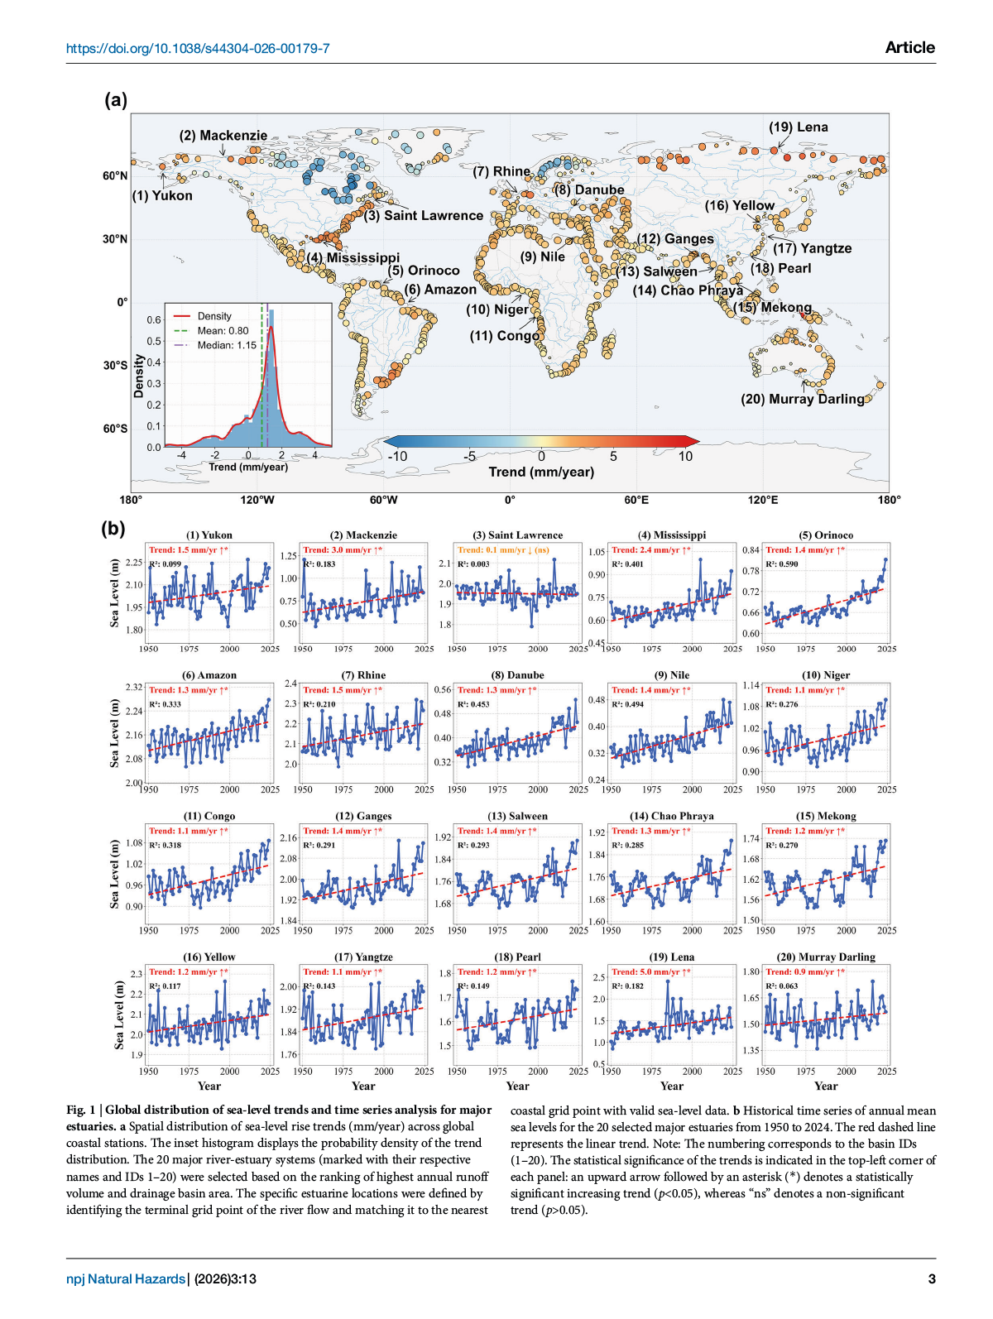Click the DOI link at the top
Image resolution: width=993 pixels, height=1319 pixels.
[x=198, y=48]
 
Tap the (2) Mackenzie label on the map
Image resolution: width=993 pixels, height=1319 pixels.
[x=223, y=136]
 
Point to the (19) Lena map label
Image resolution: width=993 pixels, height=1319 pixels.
[x=798, y=127]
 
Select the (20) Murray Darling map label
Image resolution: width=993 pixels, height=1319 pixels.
[x=802, y=399]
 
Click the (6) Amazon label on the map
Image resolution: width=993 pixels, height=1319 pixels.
[x=440, y=290]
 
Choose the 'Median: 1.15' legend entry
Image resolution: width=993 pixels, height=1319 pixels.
[x=226, y=345]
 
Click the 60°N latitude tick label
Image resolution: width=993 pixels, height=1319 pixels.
[x=115, y=175]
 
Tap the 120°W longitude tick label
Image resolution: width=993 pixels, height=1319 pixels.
[x=257, y=500]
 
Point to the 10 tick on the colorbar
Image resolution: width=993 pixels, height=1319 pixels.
[x=685, y=457]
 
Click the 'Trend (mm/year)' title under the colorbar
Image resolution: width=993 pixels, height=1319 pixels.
[x=541, y=472]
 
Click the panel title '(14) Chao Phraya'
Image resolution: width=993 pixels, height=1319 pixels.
[x=671, y=816]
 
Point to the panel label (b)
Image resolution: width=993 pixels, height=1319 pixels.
[x=113, y=528]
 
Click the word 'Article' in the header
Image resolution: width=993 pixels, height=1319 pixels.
[x=909, y=48]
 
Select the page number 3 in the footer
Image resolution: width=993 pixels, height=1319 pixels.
[x=932, y=1278]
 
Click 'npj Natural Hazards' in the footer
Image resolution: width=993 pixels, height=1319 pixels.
[x=126, y=1278]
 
